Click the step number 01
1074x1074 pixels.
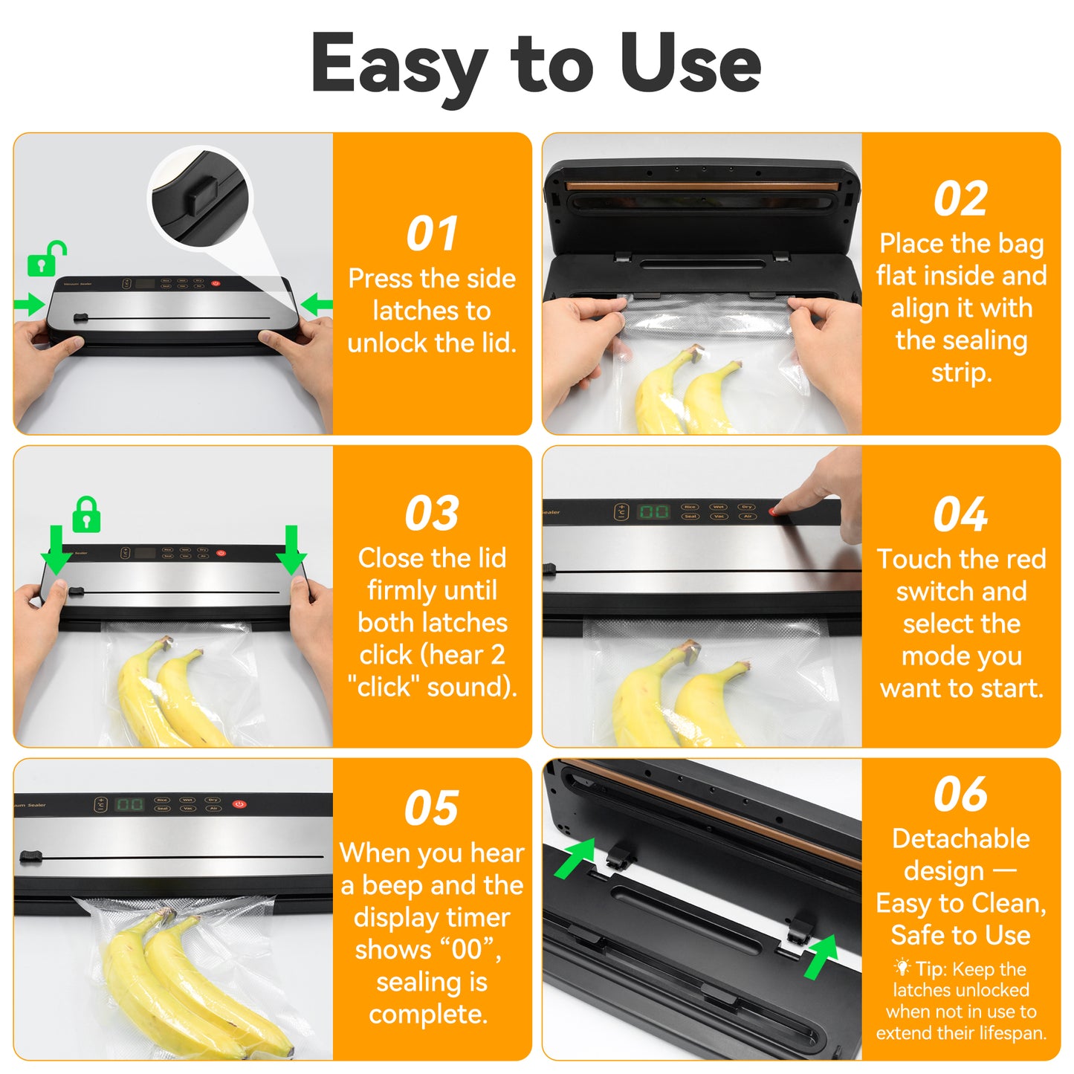(432, 233)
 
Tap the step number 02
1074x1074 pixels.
(960, 198)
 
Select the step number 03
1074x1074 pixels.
(432, 513)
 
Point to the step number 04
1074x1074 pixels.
(960, 514)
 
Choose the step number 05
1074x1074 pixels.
(431, 807)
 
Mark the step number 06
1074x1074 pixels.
(960, 794)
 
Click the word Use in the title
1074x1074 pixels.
(690, 65)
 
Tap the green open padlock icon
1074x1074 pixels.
(46, 259)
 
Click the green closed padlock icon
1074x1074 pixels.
(86, 514)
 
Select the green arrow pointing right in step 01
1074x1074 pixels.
(30, 304)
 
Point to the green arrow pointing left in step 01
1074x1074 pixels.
(317, 303)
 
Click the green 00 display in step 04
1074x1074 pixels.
(653, 511)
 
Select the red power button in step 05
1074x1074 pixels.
(239, 804)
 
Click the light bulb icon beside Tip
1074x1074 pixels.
(902, 968)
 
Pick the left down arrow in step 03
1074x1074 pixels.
(57, 550)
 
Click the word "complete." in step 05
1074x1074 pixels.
(428, 1014)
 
